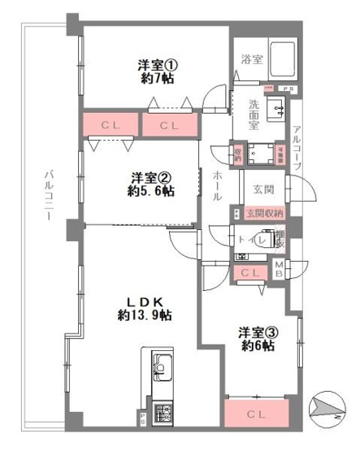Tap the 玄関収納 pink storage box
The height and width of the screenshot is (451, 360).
point(265,213)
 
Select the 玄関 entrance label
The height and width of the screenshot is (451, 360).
point(262,190)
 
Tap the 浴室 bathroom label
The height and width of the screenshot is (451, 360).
point(251,59)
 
